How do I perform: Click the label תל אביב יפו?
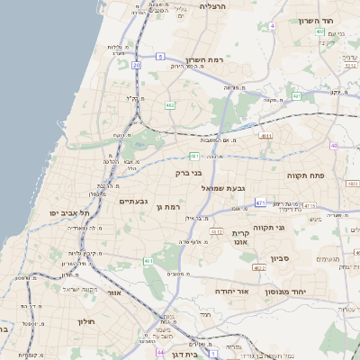click(x=69, y=212)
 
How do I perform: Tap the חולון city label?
click(x=87, y=321)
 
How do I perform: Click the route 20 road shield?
click(x=136, y=65)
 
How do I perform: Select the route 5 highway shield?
click(x=159, y=56)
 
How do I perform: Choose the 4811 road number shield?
click(x=265, y=136)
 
